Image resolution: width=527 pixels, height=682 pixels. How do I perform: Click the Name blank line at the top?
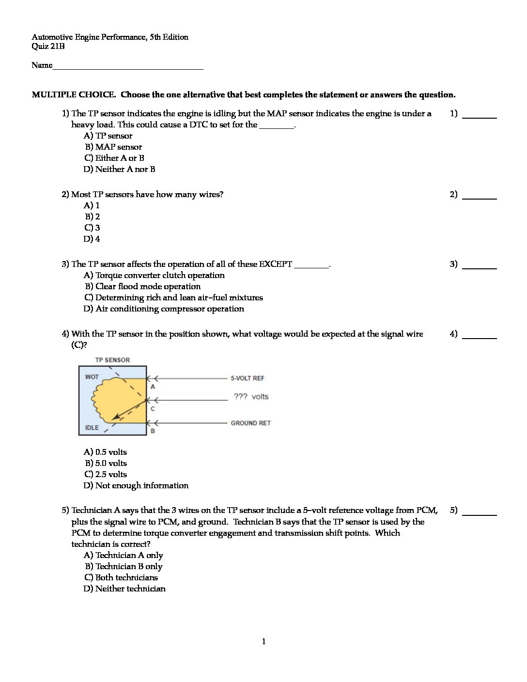pos(128,68)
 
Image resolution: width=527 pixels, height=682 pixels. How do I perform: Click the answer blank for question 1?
pos(479,116)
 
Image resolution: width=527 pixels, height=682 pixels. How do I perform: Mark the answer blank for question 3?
pos(479,267)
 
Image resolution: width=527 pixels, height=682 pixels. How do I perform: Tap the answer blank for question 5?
pos(479,513)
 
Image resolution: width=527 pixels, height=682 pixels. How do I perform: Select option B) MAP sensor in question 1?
pos(114,147)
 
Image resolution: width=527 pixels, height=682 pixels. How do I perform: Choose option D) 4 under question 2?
pos(92,239)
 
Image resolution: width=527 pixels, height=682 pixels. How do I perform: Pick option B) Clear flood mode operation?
pos(143,286)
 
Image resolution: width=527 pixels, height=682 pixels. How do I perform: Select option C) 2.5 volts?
pos(106,474)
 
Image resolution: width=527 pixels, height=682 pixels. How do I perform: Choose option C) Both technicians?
pos(121,577)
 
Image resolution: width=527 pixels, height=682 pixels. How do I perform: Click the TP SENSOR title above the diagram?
pos(112,360)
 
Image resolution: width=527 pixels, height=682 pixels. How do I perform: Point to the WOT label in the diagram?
pos(92,377)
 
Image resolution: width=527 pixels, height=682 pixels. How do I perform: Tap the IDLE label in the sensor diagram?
pos(92,428)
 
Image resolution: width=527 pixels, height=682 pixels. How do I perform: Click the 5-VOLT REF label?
pos(248,378)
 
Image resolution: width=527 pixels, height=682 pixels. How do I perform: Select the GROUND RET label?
pos(250,423)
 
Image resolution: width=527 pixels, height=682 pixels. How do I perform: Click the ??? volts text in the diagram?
pos(251,397)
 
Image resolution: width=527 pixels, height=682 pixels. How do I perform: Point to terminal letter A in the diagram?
pos(153,387)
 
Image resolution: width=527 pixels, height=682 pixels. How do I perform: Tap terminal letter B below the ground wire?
pos(153,431)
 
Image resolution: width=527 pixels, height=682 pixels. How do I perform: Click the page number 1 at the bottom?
pos(263,642)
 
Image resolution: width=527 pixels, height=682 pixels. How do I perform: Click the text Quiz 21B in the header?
pos(48,46)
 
